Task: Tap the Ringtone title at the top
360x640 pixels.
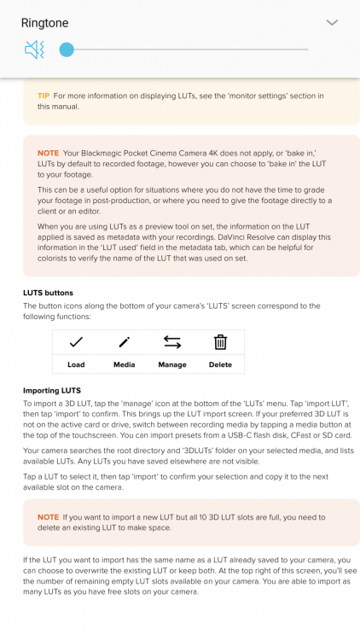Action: point(45,23)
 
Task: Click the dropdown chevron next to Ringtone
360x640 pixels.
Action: point(332,23)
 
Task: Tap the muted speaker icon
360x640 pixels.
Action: point(34,49)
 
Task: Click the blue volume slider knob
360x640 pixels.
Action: point(67,49)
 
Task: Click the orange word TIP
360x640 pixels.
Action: point(44,96)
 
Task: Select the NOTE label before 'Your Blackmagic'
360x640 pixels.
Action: point(48,153)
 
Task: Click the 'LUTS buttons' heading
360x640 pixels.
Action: point(48,293)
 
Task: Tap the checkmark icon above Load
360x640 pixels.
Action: point(76,342)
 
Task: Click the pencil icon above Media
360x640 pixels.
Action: point(124,342)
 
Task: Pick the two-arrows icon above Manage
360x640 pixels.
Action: point(172,342)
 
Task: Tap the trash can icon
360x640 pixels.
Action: point(220,342)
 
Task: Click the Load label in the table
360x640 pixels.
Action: point(76,365)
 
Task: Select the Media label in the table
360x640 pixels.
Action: point(124,365)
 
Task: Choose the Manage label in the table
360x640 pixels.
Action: point(172,365)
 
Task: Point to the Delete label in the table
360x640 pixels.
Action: point(220,365)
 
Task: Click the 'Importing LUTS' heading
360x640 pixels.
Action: point(52,391)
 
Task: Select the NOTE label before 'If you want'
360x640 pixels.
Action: point(48,517)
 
